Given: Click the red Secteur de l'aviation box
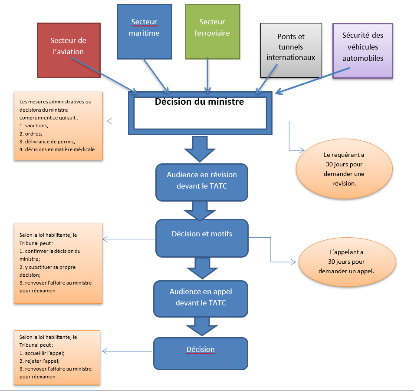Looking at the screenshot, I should (x=69, y=50).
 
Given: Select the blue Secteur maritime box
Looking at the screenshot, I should (x=144, y=31).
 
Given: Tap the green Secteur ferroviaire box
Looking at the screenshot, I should (x=212, y=31).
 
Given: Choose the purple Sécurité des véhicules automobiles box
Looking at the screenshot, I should (x=362, y=50).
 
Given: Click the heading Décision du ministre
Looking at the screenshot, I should (x=199, y=103).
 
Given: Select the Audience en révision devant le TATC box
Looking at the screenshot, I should (x=202, y=180).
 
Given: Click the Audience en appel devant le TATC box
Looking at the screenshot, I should (x=201, y=298).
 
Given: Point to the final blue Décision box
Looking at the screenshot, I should (x=200, y=353).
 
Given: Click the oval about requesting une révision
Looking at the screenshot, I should (x=344, y=170).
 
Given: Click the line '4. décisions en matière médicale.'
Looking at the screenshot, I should (x=58, y=149).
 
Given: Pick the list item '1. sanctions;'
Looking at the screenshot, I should (x=34, y=126).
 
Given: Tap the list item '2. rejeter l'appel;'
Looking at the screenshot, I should (x=39, y=361).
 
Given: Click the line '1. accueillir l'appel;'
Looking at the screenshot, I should (x=42, y=353).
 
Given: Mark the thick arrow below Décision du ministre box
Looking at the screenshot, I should (x=200, y=149).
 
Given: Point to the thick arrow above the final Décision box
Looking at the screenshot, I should (x=200, y=326).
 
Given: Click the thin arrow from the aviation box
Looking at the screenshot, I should (x=104, y=73).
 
